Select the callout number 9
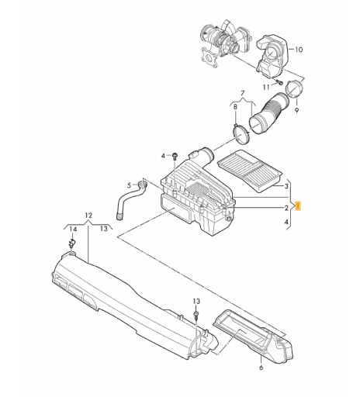click(300, 111)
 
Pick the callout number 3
click(286, 186)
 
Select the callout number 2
click(286, 208)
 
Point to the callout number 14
click(71, 230)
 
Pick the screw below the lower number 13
click(196, 316)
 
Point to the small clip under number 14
click(71, 244)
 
